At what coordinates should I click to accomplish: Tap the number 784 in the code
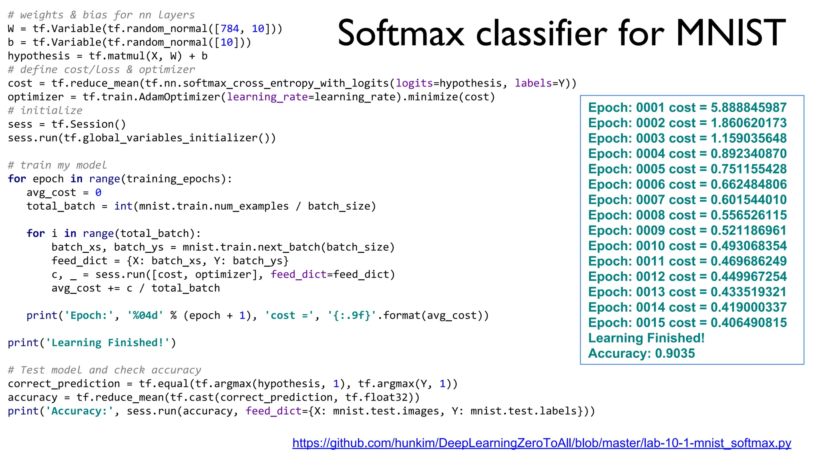coord(230,29)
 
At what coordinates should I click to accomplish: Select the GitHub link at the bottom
coord(541,443)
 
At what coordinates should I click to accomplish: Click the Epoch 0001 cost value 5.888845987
coord(748,108)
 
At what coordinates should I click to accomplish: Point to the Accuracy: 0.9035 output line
coord(641,353)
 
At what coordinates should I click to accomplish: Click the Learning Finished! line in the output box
coord(646,338)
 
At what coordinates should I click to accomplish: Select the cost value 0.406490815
coord(748,323)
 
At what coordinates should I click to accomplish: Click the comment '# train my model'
coord(57,165)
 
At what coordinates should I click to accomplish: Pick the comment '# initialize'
coord(45,110)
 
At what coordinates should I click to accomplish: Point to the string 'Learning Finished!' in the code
coord(108,343)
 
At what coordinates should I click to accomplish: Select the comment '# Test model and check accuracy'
coord(105,370)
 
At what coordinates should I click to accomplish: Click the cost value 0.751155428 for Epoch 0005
coord(748,169)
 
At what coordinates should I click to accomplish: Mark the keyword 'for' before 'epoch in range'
coord(17,179)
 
